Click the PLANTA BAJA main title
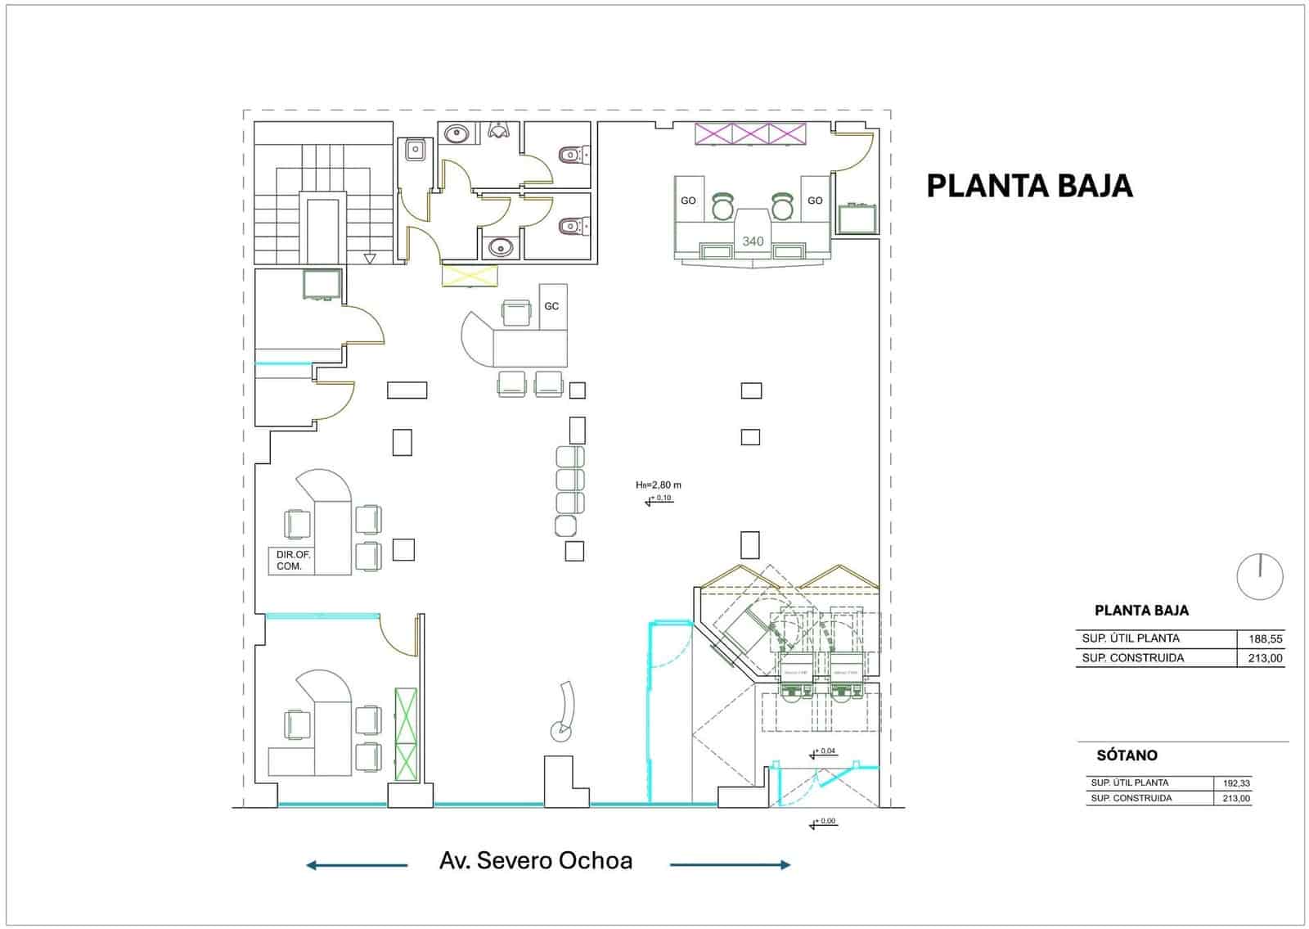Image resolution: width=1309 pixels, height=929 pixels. pos(1029,186)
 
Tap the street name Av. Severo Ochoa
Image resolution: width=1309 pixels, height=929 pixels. pos(536,861)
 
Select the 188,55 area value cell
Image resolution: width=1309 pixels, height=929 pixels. pos(1265,639)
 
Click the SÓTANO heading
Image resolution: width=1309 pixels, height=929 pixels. pos(1127,755)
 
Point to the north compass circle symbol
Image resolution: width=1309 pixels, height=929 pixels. pos(1260,575)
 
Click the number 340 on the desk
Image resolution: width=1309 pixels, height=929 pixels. pos(753,241)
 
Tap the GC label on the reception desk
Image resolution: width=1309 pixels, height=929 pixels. pos(551,306)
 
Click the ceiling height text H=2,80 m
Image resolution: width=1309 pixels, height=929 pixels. pos(659,485)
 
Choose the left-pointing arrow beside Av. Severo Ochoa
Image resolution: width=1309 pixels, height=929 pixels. pos(357,865)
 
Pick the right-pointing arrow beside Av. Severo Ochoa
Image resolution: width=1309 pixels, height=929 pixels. pos(731,865)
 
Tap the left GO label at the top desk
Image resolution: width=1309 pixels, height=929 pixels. pos(688,201)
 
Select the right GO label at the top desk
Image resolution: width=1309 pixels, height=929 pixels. pos(815,201)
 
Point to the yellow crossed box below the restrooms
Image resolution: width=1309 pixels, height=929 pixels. pos(470,275)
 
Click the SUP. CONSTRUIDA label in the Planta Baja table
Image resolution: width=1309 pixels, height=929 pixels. pos(1132,658)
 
